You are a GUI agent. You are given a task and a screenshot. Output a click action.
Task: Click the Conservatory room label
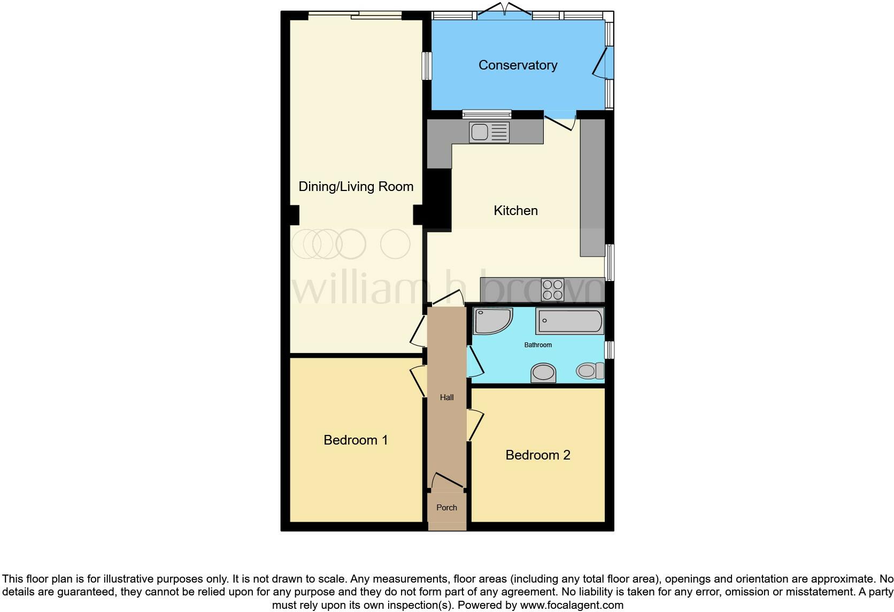point(518,65)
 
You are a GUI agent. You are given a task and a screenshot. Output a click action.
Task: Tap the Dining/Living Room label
point(356,186)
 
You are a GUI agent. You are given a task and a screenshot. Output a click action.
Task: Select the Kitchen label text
point(515,210)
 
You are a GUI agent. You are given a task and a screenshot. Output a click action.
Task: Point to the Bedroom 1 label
point(356,440)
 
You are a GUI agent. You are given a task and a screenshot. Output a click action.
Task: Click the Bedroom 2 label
point(537,455)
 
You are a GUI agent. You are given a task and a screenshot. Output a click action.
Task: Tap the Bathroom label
point(538,345)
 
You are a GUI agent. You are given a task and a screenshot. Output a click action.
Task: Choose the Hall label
point(446,397)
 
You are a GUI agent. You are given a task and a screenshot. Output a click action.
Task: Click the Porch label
point(446,507)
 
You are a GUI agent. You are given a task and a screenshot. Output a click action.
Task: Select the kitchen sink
point(489,132)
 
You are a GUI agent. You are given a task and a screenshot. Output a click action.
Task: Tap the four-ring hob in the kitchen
point(553,290)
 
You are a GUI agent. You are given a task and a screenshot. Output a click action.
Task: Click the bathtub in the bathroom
point(570,321)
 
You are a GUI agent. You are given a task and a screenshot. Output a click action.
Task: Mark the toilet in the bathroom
point(590,371)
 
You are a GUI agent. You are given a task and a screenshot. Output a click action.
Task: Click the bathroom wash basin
point(543,373)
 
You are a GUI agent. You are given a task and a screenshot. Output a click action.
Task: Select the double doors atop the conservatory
point(504,11)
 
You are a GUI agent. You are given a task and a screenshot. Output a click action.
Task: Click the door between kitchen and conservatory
point(560,121)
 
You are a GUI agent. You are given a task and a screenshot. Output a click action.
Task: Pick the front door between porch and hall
point(448,480)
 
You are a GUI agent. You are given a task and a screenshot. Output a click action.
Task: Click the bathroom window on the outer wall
point(610,350)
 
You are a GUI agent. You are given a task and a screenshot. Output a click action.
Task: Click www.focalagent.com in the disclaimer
point(572,605)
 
